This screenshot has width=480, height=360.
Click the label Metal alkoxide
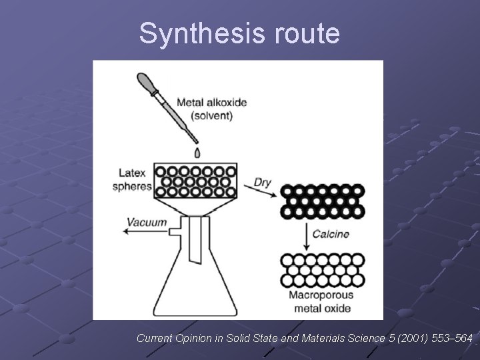pos(211,103)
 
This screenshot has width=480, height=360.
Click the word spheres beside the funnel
pos(131,186)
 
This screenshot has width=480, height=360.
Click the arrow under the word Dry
pos(261,193)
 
